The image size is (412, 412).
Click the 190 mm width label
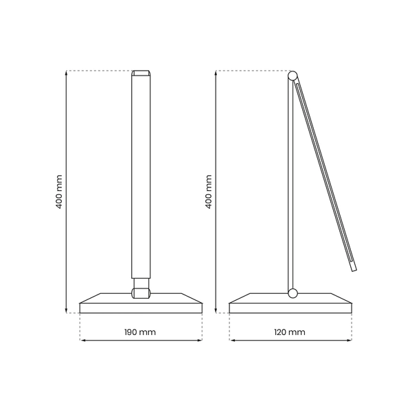pos(141,332)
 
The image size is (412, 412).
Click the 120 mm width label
pos(290,332)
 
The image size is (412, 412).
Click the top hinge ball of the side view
pos(293,76)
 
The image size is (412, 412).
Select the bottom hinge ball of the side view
pos(293,293)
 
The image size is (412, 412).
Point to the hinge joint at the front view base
pos(141,293)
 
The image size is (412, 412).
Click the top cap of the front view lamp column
pos(141,73)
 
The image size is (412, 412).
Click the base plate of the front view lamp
pos(141,306)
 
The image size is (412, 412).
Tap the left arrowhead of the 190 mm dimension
pos(82,340)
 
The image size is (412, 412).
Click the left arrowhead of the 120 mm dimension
pos(231,340)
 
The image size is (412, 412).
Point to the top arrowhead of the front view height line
pos(66,73)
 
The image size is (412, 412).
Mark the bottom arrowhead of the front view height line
pos(66,310)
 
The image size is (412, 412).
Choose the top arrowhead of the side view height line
pos(215,73)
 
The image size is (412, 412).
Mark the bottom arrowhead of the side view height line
pos(215,310)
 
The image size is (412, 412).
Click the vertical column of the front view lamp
pos(141,179)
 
